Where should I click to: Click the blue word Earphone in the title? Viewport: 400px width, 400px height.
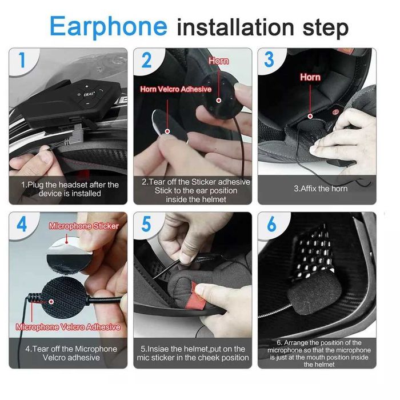click(x=108, y=26)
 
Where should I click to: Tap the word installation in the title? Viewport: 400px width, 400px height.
click(x=235, y=27)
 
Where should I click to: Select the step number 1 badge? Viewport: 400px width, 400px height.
click(x=22, y=59)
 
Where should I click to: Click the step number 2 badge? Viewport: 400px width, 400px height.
click(x=146, y=60)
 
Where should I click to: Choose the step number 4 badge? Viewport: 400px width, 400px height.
click(x=22, y=223)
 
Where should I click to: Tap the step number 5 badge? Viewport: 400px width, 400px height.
click(x=146, y=224)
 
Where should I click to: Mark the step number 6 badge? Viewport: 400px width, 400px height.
click(x=270, y=224)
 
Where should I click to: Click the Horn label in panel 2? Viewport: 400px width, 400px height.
click(x=218, y=61)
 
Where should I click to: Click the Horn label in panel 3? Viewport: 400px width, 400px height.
click(x=310, y=77)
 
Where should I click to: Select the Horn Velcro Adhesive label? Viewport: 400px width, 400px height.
click(x=176, y=89)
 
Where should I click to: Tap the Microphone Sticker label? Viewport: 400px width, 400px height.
click(x=84, y=226)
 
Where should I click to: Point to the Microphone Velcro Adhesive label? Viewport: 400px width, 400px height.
click(x=68, y=327)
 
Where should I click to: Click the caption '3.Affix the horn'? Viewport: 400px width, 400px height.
click(x=320, y=188)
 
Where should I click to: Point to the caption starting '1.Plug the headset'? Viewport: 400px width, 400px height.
click(x=70, y=189)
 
